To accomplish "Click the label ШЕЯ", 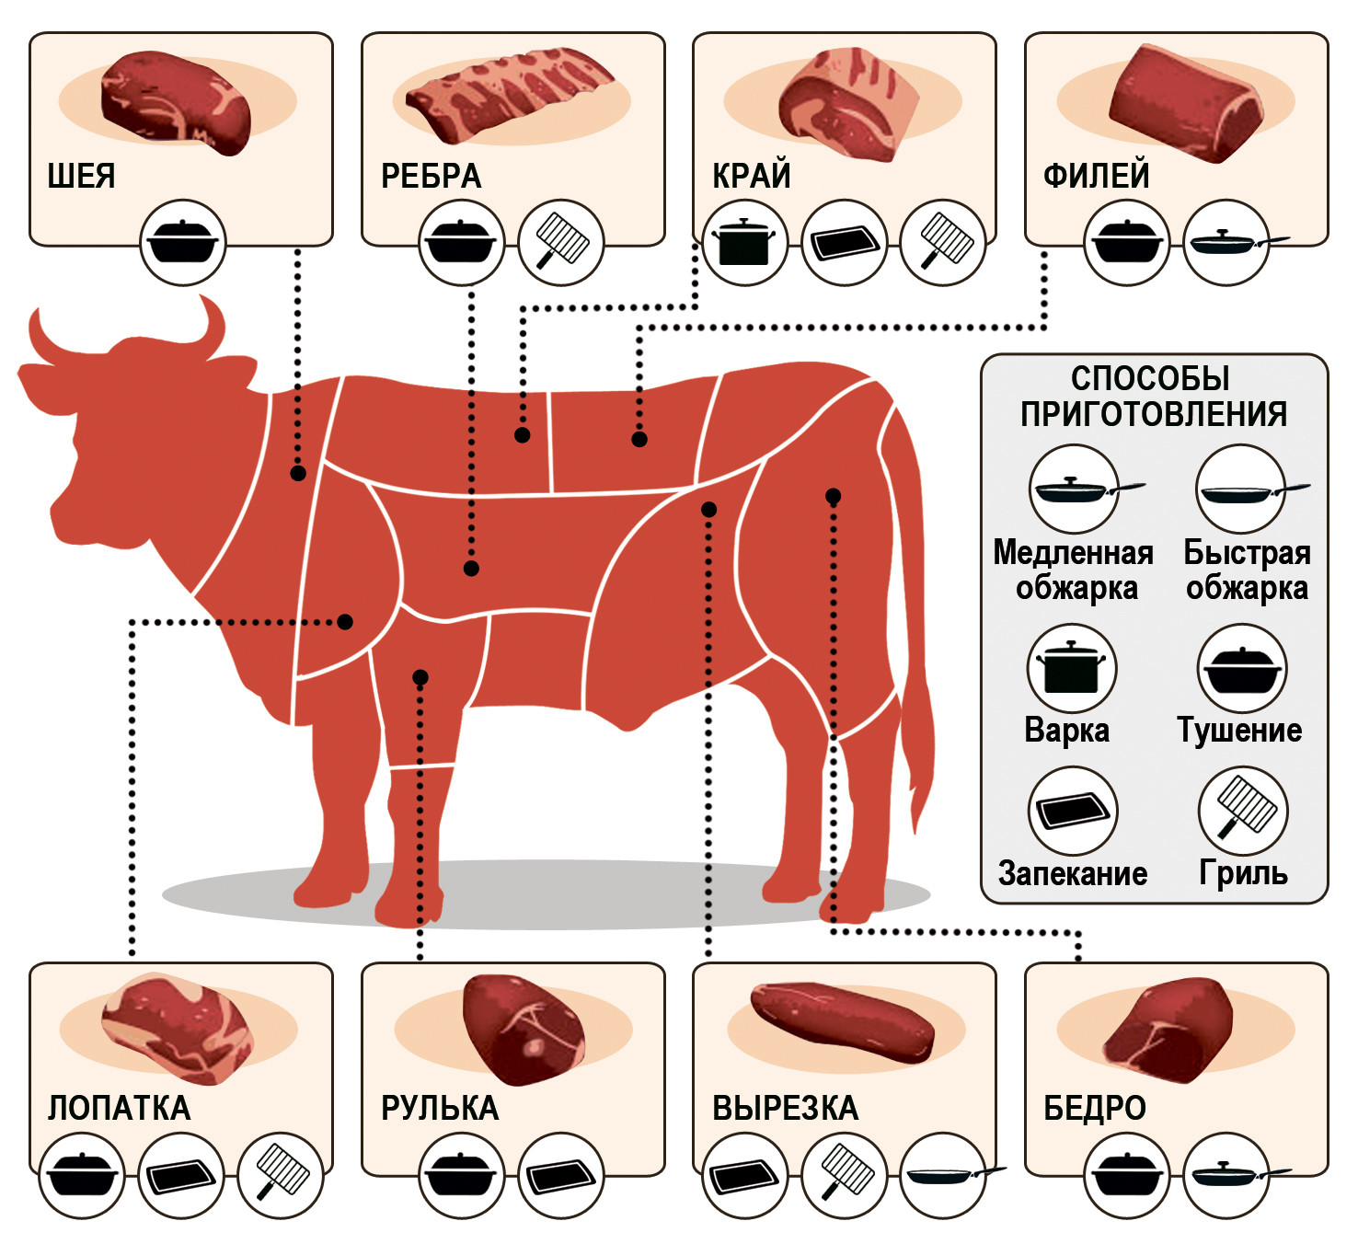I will (81, 176).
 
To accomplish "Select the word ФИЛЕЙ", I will (1096, 176).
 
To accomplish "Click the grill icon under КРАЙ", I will (943, 243).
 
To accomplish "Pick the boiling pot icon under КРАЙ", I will (743, 243).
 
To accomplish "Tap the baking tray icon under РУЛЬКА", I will (562, 1176).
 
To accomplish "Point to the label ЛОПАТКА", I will (119, 1108).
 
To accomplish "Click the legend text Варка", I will (1066, 731).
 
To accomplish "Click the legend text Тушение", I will (1239, 731).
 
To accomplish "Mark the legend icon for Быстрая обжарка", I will (1241, 490).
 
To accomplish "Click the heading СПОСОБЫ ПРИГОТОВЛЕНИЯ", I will (1153, 396).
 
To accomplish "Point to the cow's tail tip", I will (919, 824).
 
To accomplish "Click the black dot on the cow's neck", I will (298, 473).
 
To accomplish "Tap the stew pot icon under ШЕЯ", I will (183, 243).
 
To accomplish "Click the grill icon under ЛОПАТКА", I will (281, 1176).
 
